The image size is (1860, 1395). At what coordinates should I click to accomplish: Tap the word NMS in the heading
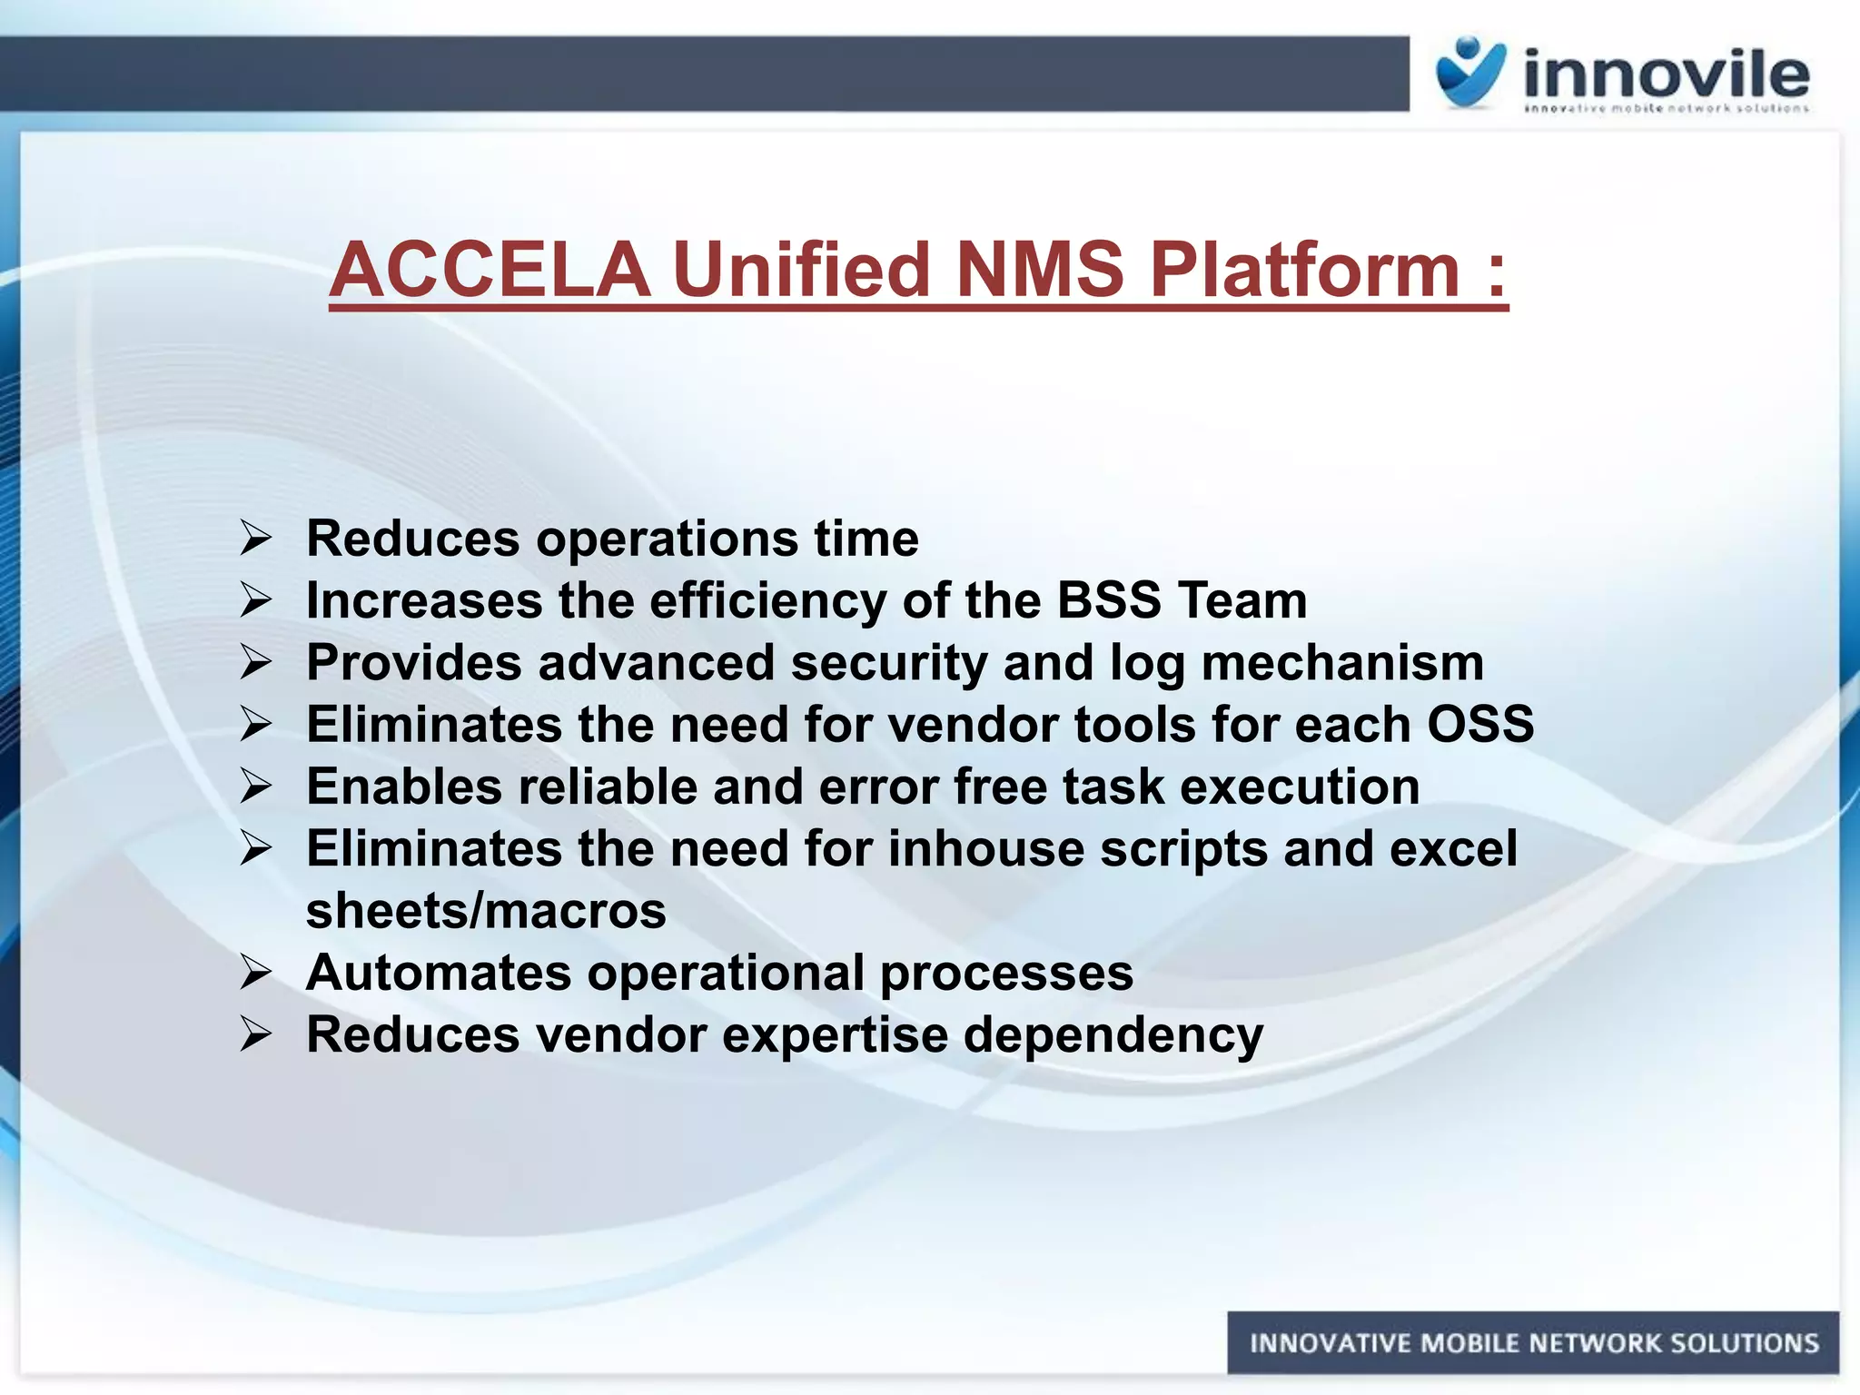[1039, 270]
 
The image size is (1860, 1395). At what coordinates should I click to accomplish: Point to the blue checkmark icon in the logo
[1469, 73]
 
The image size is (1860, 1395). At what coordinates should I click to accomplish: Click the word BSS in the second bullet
[1109, 600]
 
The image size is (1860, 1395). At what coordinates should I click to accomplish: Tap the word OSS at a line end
[1479, 725]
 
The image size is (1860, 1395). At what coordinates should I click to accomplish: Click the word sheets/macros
[486, 911]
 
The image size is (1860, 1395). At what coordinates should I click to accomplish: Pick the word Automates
[440, 973]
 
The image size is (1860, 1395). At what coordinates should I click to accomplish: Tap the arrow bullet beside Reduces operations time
[256, 539]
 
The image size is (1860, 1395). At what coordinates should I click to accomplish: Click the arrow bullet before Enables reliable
[256, 787]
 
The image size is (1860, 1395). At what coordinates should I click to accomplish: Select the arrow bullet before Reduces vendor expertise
[256, 1034]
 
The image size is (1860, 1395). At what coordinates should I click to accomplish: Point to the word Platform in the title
[1303, 270]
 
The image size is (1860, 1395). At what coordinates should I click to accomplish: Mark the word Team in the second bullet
[1242, 600]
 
